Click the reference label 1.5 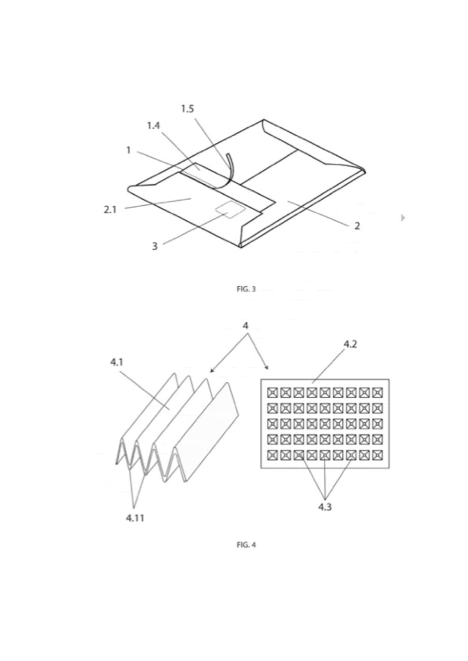point(187,109)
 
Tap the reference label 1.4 point(153,126)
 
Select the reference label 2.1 point(110,210)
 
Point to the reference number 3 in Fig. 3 point(154,246)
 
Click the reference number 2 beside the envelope point(357,226)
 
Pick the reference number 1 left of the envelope point(128,150)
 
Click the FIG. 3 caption point(246,289)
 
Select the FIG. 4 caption point(246,545)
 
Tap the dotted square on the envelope point(228,211)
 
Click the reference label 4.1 point(117,362)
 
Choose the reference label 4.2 point(350,344)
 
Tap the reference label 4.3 point(325,507)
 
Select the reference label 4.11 point(135,518)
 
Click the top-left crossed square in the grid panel point(272,392)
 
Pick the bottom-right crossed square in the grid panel point(377,454)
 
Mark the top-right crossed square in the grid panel point(377,392)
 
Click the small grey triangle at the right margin point(403,218)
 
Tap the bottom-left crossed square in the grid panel point(272,454)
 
